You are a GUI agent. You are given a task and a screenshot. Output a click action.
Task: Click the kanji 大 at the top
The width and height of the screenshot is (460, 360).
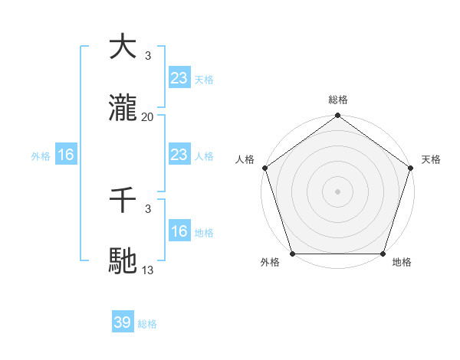pyautogui.click(x=123, y=47)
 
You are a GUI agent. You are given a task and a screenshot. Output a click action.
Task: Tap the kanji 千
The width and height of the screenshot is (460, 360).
pyautogui.click(x=123, y=200)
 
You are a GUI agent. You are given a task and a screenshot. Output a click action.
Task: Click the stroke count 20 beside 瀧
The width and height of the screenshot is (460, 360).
pyautogui.click(x=148, y=117)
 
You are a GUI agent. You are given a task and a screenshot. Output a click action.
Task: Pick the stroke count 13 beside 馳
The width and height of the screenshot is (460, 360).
pyautogui.click(x=148, y=270)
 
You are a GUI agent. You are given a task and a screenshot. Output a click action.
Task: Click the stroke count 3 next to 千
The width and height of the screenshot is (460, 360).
pyautogui.click(x=148, y=208)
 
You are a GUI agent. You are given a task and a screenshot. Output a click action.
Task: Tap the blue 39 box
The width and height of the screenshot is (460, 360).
pyautogui.click(x=123, y=322)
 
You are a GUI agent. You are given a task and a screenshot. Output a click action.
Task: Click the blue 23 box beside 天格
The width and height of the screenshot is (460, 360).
pyautogui.click(x=179, y=78)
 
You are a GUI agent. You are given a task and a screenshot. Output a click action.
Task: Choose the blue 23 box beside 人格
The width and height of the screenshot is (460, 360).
pyautogui.click(x=179, y=155)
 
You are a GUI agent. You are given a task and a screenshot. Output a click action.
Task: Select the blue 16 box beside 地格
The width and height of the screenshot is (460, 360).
pyautogui.click(x=179, y=231)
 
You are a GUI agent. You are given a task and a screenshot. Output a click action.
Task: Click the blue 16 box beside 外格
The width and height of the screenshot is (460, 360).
pyautogui.click(x=66, y=155)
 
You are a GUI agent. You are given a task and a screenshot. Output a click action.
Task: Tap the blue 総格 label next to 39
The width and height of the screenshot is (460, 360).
pyautogui.click(x=147, y=324)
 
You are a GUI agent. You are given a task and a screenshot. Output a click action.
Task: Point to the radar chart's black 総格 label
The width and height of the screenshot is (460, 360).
pyautogui.click(x=338, y=100)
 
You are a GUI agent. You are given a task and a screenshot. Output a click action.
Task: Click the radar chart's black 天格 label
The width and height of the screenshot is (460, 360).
pyautogui.click(x=432, y=159)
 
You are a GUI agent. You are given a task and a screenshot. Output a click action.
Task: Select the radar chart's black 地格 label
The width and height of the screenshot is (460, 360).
pyautogui.click(x=402, y=263)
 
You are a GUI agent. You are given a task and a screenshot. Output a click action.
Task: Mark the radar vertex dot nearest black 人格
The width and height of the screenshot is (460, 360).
pyautogui.click(x=264, y=168)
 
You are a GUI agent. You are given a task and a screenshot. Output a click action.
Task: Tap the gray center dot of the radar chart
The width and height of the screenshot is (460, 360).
pyautogui.click(x=338, y=191)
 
